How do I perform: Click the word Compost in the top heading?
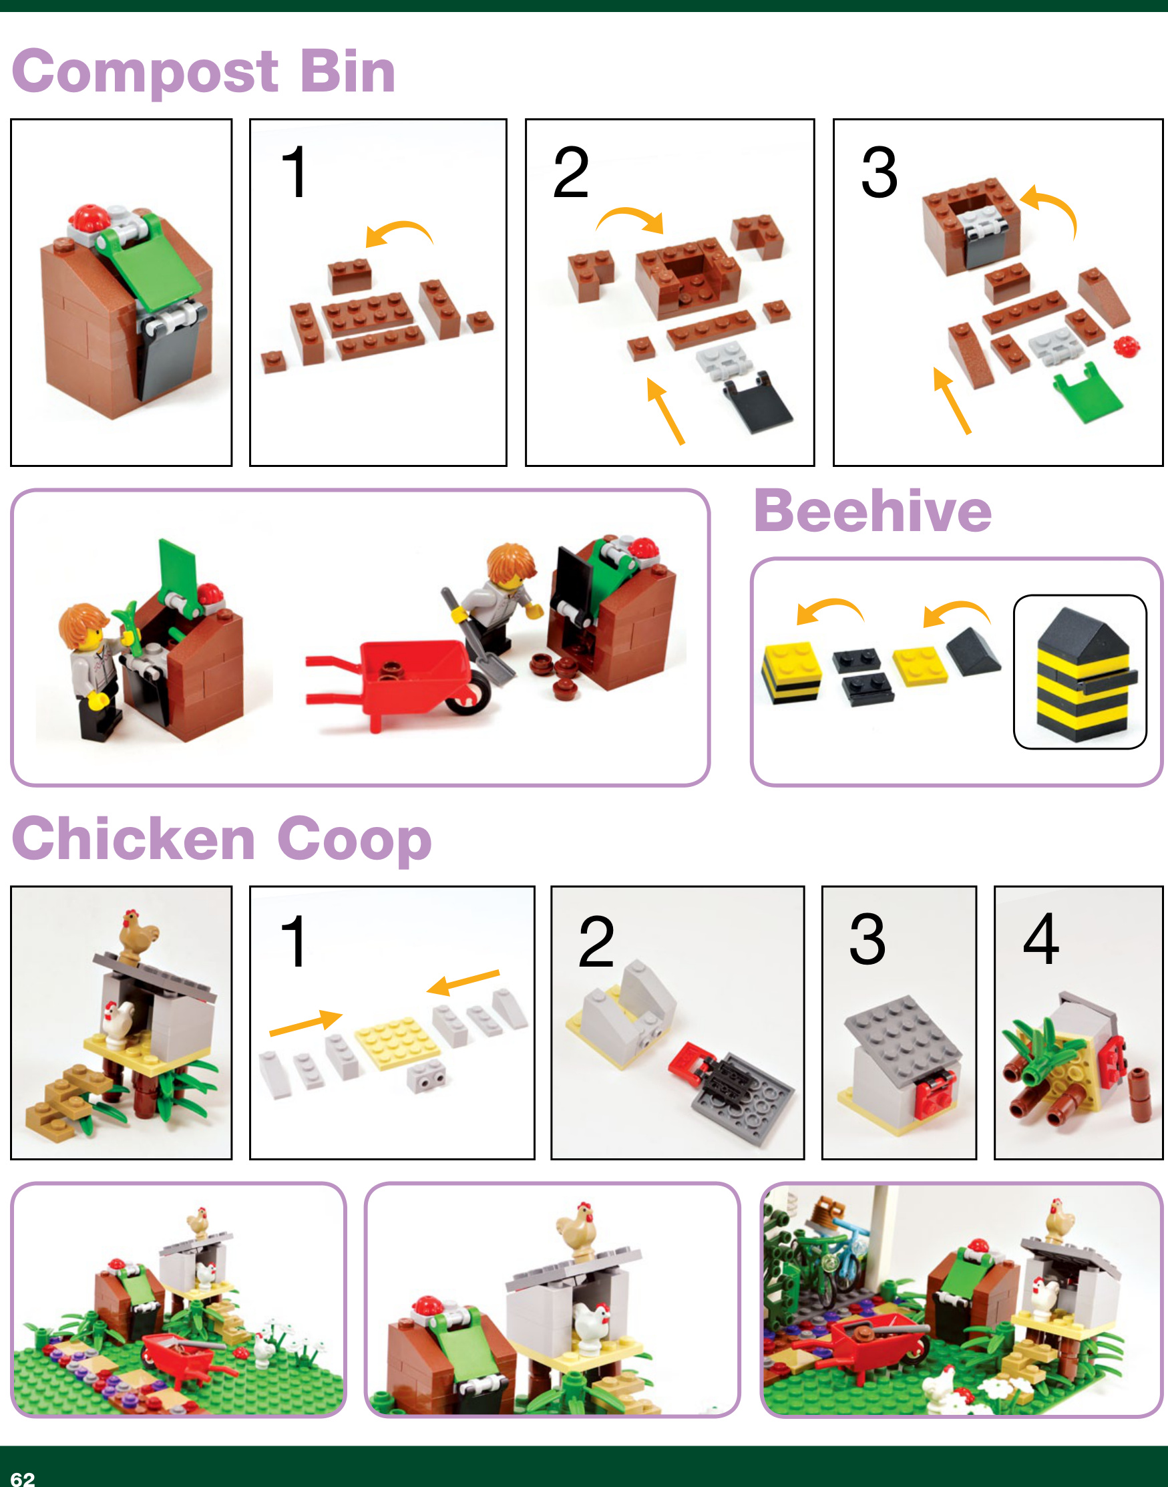(x=146, y=73)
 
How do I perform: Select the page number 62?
(x=23, y=1478)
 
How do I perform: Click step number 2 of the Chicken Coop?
(x=596, y=942)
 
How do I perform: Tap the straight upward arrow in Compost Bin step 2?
(x=664, y=411)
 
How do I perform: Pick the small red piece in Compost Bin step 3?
(x=1127, y=345)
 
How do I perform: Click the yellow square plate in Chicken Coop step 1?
(x=399, y=1043)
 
